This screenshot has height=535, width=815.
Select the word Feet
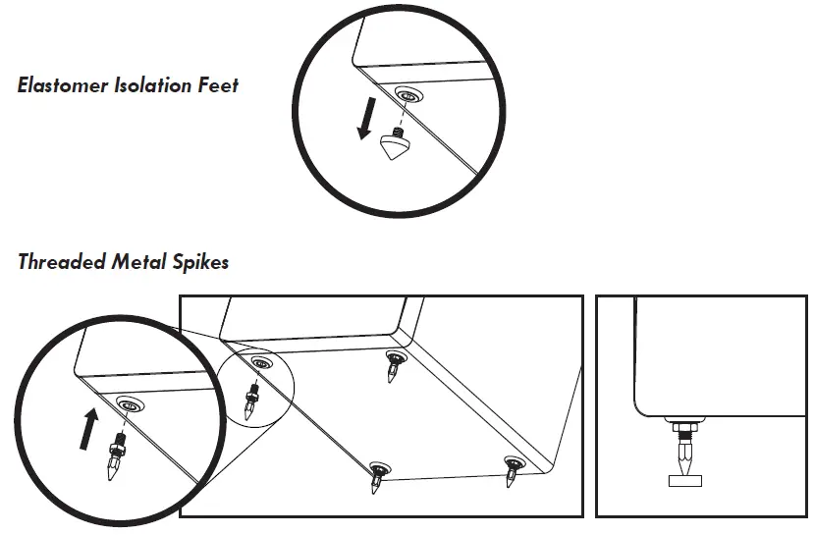point(219,85)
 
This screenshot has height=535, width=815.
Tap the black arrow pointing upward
point(89,428)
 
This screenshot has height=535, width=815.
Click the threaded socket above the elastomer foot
point(406,95)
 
